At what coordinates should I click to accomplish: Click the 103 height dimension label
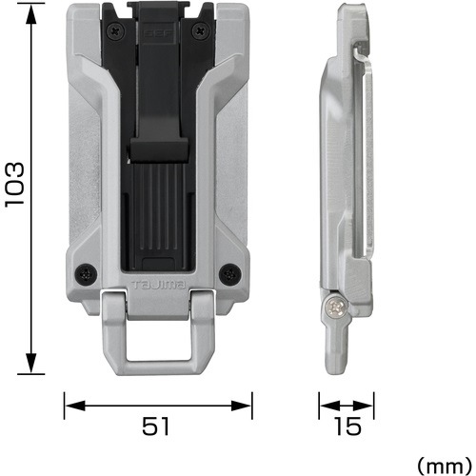(14, 185)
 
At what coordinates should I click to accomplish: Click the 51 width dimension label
(156, 426)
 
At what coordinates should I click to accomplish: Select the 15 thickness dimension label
(347, 426)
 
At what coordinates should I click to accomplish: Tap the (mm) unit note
(445, 466)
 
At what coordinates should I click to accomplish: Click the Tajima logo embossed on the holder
(158, 285)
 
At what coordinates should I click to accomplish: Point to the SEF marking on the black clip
(158, 33)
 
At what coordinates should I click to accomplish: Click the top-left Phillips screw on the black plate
(114, 31)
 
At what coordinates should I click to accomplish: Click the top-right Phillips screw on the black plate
(201, 31)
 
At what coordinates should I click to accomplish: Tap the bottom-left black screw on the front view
(86, 273)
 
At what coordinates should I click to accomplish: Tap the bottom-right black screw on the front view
(230, 273)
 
